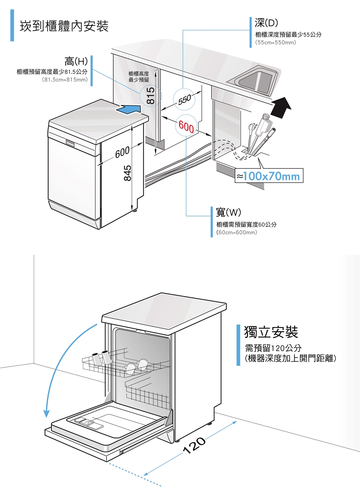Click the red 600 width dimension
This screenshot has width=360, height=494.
[x=186, y=126]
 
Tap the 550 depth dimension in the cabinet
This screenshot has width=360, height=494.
[x=184, y=99]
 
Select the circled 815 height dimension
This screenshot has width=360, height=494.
[x=150, y=96]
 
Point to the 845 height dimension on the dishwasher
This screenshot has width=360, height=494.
[x=128, y=173]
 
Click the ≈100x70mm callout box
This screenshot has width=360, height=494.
[x=269, y=176]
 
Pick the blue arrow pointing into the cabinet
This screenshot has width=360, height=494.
[x=129, y=109]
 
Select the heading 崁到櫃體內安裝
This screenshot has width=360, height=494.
[x=64, y=26]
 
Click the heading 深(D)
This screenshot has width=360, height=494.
[x=266, y=23]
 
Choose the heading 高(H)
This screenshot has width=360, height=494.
[x=76, y=61]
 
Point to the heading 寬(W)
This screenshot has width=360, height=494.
[x=228, y=212]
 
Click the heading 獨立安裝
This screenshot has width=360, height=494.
[x=271, y=332]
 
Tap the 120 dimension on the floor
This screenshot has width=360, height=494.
[x=194, y=445]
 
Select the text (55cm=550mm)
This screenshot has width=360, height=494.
[x=276, y=42]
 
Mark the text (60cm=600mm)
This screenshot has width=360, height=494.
[x=237, y=233]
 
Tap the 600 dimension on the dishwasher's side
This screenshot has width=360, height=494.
[x=122, y=152]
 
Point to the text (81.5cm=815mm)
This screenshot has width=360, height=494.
[x=64, y=80]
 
